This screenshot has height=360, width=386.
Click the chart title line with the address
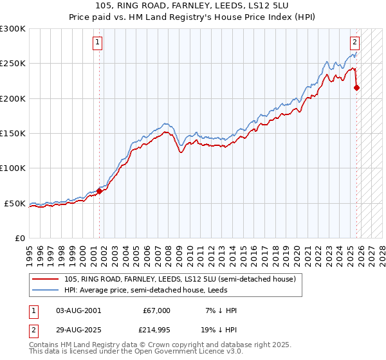click(x=193, y=6)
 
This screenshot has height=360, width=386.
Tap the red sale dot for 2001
click(x=100, y=191)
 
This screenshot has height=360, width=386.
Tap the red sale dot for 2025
click(x=357, y=88)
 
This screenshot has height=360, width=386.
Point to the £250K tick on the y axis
click(x=14, y=64)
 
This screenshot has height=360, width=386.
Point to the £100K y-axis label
click(x=14, y=168)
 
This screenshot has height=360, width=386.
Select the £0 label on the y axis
click(x=19, y=238)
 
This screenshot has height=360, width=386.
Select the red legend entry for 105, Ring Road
click(x=179, y=280)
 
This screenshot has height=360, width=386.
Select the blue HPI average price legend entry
click(x=160, y=290)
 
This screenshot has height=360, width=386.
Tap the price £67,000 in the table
click(x=156, y=310)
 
